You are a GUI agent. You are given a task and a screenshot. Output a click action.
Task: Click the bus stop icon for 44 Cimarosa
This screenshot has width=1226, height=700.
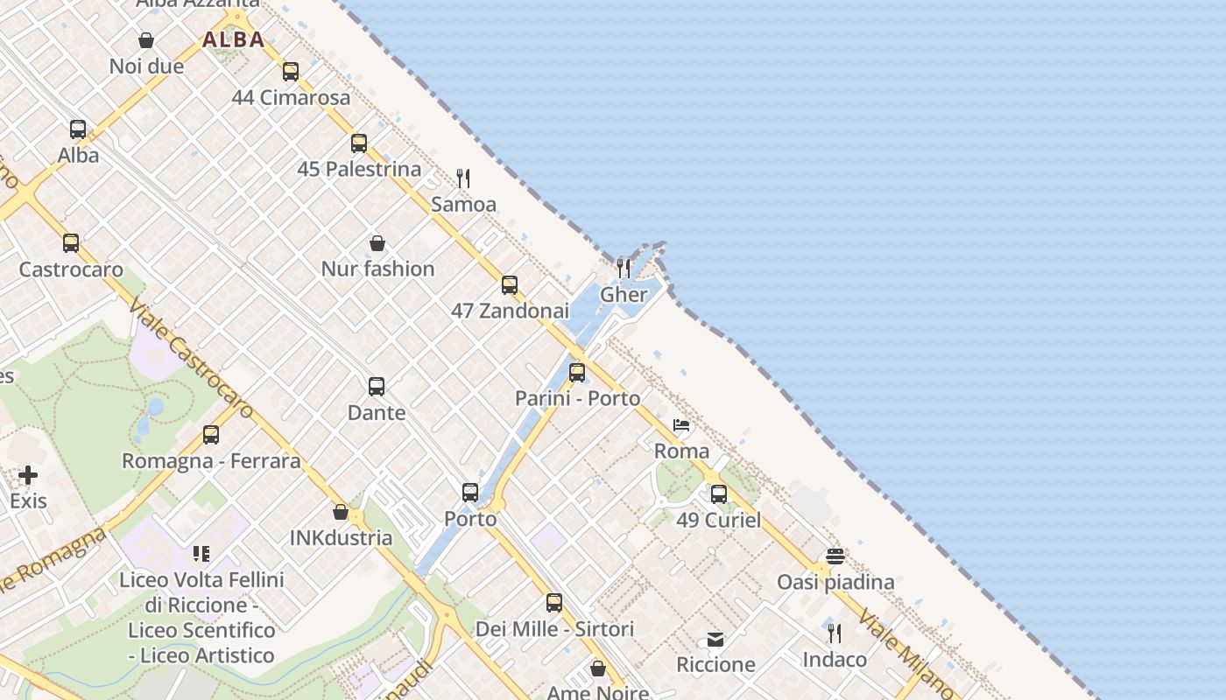coord(291,72)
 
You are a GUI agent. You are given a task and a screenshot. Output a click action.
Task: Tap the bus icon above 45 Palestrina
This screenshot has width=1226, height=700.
coord(359,143)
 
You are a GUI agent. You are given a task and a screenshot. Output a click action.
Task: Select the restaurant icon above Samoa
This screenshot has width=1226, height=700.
coord(463,178)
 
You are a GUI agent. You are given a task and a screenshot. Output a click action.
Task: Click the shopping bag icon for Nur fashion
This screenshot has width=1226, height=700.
coord(377,243)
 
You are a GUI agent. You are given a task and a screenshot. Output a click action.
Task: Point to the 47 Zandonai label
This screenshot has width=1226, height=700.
coord(510,311)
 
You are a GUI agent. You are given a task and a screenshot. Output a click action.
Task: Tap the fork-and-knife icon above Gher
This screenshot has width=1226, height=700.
coord(624,268)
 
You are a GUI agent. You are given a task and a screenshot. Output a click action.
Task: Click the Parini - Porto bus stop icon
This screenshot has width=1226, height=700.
coord(577,373)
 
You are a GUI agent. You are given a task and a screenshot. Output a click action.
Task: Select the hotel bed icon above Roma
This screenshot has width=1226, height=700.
coord(681,426)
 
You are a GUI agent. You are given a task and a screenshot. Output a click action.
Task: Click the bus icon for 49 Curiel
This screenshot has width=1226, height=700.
coord(719,494)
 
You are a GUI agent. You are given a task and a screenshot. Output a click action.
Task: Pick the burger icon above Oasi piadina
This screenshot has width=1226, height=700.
coord(835,556)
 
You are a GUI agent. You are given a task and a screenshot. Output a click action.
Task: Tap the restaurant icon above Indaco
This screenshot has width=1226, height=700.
coord(835,633)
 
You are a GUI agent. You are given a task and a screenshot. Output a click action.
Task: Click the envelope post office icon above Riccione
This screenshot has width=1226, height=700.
coord(715,640)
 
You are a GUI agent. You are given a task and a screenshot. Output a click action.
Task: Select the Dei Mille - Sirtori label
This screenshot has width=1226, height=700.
coord(554,629)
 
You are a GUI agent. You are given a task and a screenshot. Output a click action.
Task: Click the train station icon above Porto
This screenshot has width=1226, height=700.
coord(470,493)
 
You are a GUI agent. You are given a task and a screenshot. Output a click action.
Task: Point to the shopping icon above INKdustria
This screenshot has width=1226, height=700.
coord(341,512)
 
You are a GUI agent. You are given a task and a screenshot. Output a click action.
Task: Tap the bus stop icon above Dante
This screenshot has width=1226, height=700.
coord(377,387)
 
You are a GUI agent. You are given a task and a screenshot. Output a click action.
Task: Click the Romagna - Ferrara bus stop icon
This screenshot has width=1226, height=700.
coord(211,435)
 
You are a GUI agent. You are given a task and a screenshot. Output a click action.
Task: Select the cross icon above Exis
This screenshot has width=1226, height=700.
coord(28,475)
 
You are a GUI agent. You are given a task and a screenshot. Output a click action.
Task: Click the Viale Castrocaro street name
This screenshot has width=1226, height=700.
coord(191,359)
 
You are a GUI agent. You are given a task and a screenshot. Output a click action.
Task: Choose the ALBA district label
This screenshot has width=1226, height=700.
coord(233,39)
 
